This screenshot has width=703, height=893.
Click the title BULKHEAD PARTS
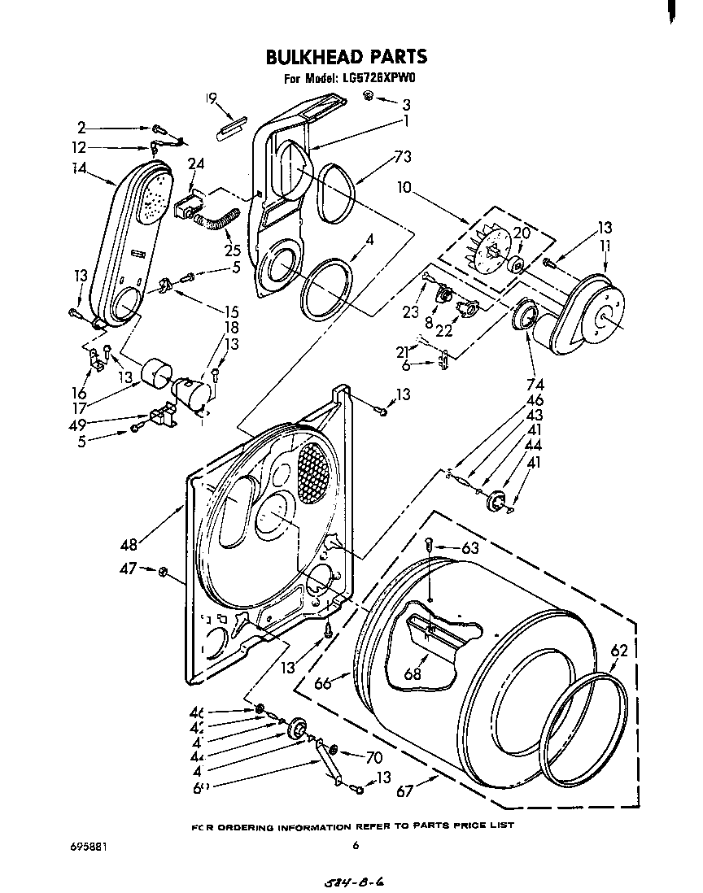click(x=347, y=56)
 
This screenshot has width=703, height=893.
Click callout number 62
click(x=619, y=650)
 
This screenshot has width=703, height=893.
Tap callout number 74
click(x=535, y=385)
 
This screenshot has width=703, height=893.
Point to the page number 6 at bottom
click(x=356, y=846)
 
